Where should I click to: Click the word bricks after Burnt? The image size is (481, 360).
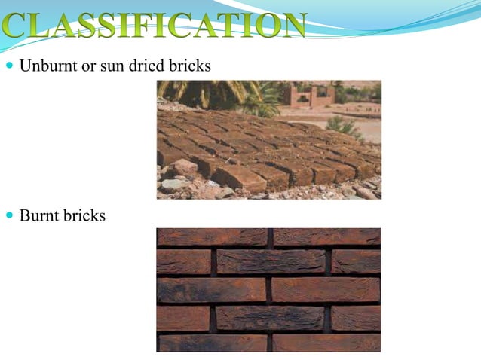click(x=85, y=216)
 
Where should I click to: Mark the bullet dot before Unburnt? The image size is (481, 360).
click(x=10, y=66)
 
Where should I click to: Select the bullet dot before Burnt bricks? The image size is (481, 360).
click(x=10, y=216)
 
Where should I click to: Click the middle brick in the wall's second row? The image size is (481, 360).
click(x=271, y=261)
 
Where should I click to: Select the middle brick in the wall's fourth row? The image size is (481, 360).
click(x=271, y=318)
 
